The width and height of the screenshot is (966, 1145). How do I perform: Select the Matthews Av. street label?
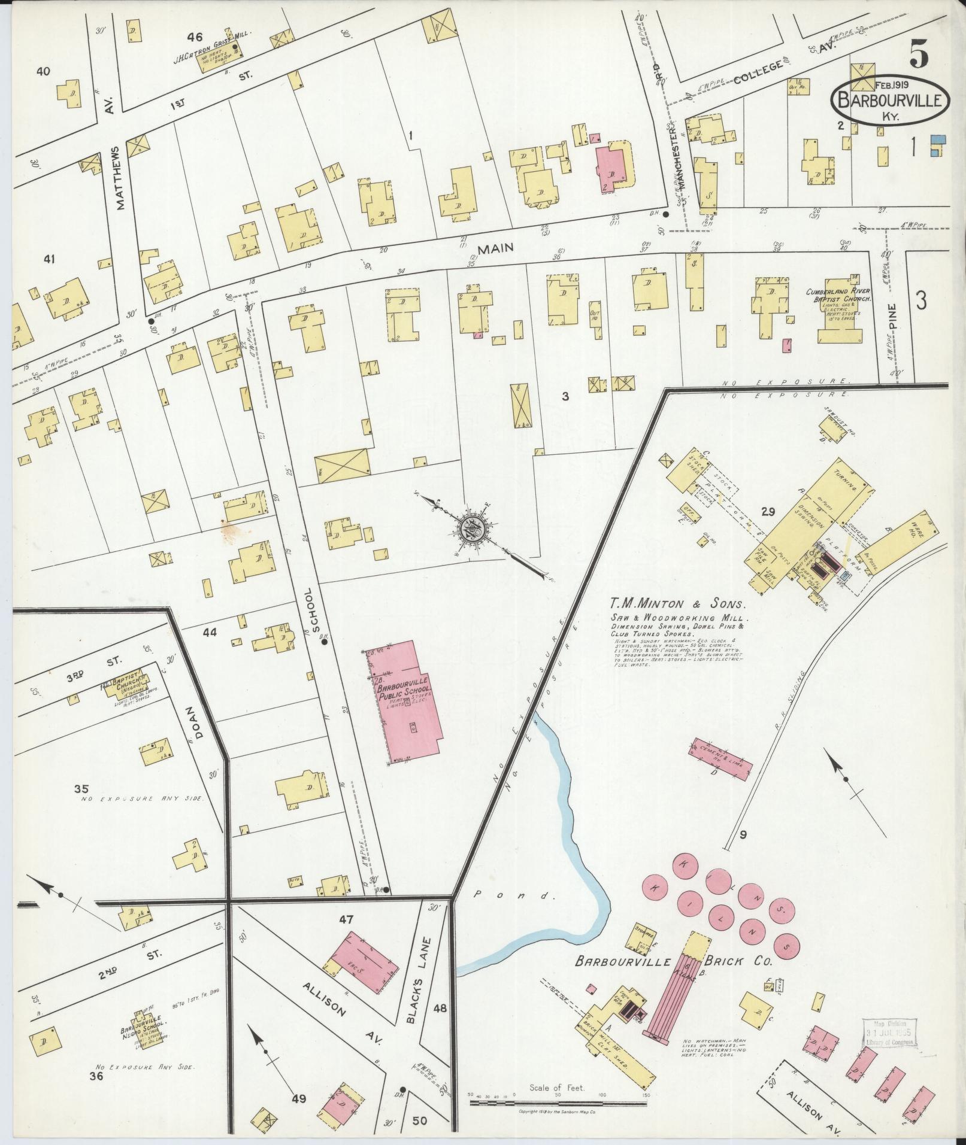click(x=122, y=178)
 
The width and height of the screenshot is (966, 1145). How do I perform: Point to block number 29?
click(x=768, y=511)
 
